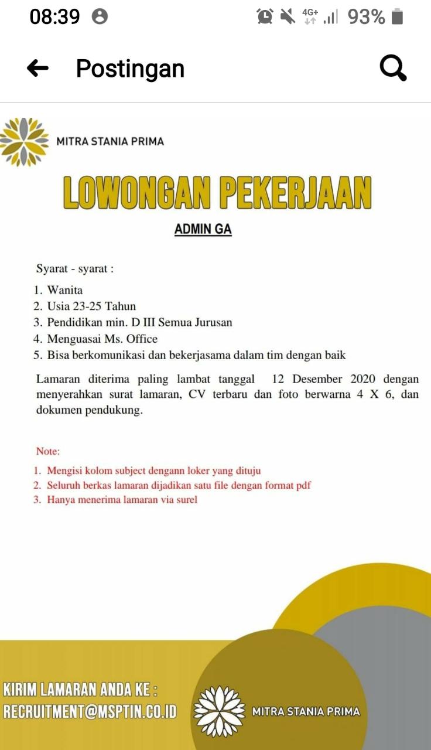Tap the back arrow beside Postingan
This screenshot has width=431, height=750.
[38, 69]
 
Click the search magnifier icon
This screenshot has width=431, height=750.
[392, 69]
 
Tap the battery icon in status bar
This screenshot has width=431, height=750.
[398, 16]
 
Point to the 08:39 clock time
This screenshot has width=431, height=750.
[54, 16]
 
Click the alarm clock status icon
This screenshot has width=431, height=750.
[265, 16]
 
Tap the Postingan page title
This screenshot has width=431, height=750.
[130, 69]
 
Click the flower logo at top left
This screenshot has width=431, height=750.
[23, 142]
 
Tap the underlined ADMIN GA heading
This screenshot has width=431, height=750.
[203, 229]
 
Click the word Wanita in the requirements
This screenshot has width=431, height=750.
[65, 290]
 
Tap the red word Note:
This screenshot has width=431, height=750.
[48, 451]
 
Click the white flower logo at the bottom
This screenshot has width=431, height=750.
[219, 711]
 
